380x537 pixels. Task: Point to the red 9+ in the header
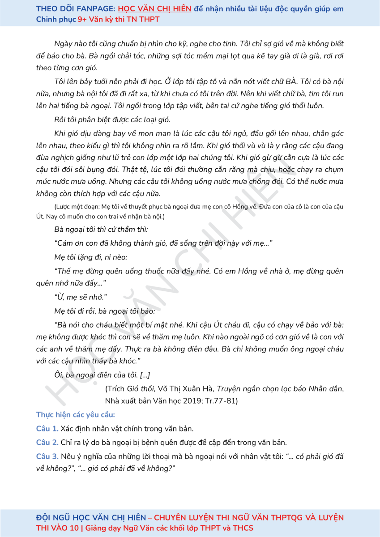(x=82, y=20)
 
